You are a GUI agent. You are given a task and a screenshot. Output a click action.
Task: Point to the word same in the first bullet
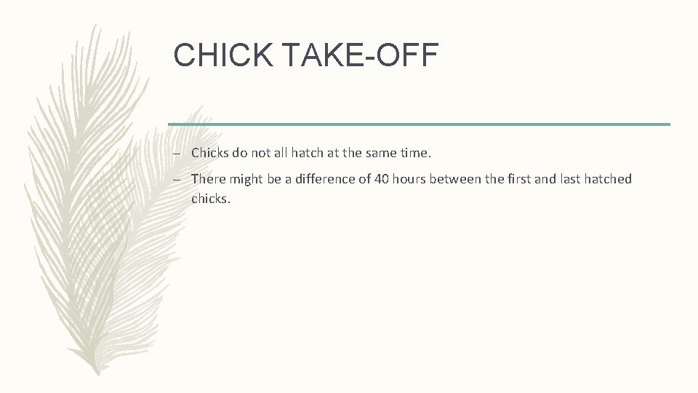pyautogui.click(x=380, y=153)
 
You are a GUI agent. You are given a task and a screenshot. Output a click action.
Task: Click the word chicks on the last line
pyautogui.click(x=209, y=197)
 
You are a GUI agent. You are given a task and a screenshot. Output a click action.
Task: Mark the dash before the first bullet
pyautogui.click(x=177, y=154)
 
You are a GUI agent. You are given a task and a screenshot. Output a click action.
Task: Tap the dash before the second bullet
pyautogui.click(x=177, y=180)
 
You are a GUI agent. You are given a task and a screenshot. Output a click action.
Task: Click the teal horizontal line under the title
pyautogui.click(x=419, y=124)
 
